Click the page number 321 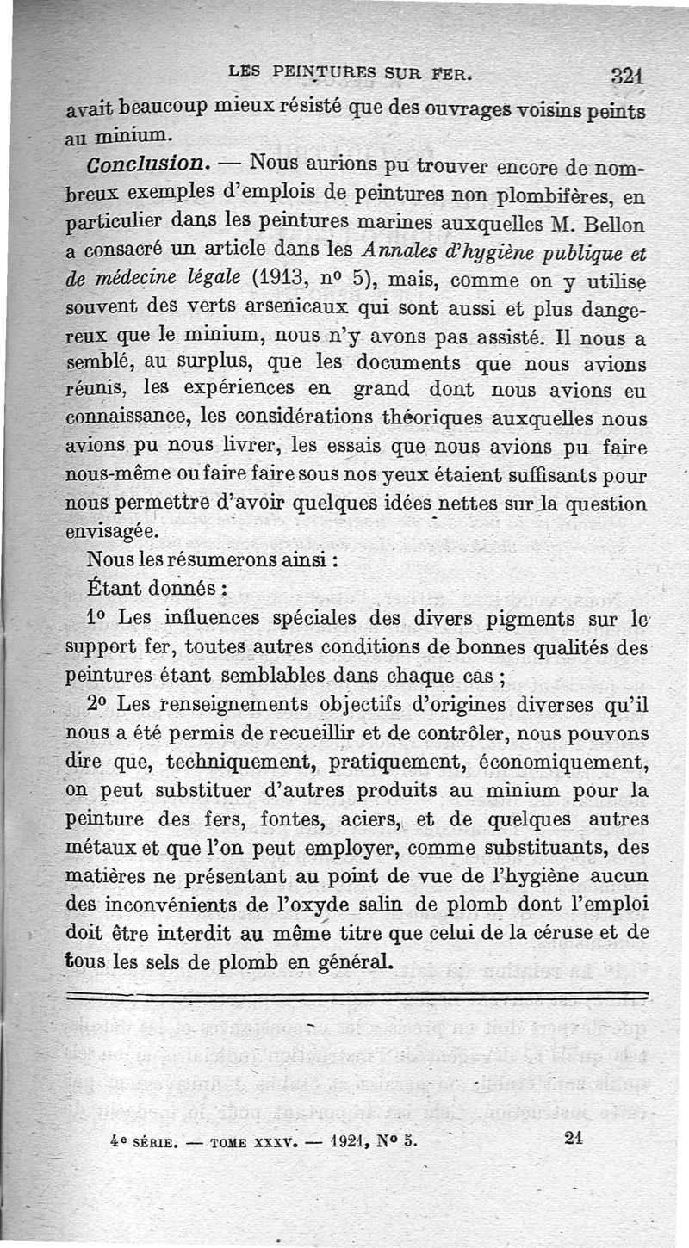coord(629,77)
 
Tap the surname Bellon coord(613,226)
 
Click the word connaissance coord(129,417)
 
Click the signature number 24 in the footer coord(574,1136)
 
